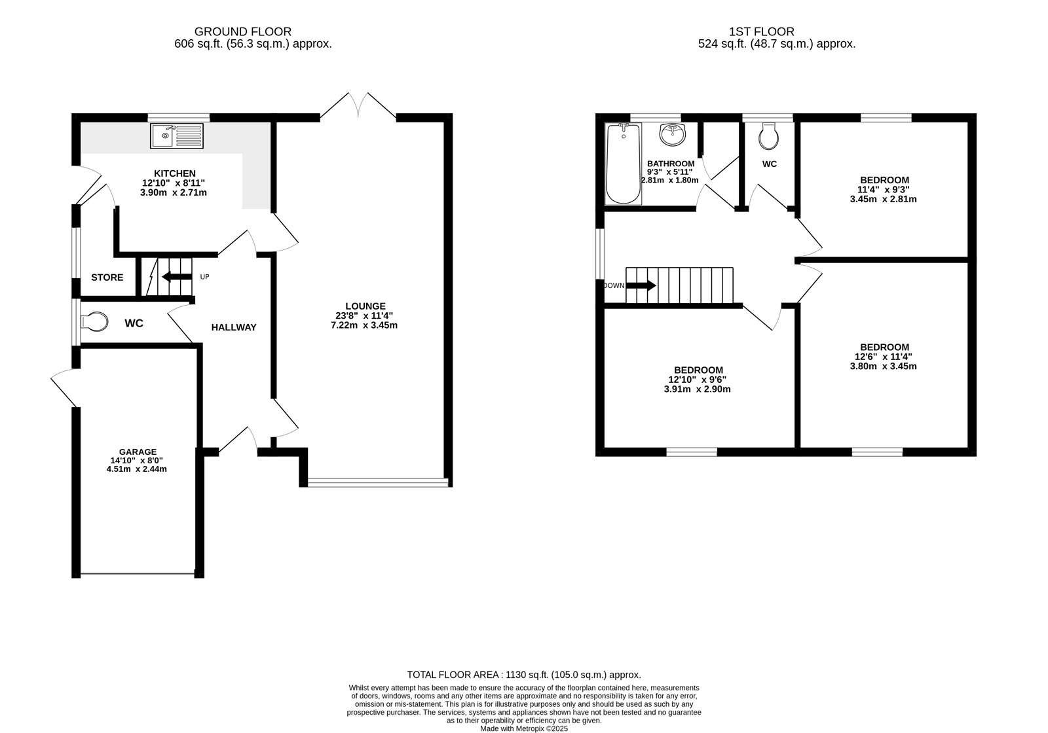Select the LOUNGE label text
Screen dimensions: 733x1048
pyautogui.click(x=365, y=306)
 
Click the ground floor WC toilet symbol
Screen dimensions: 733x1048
pyautogui.click(x=94, y=322)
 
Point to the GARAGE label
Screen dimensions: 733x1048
pyautogui.click(x=138, y=452)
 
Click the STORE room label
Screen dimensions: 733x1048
pyautogui.click(x=107, y=277)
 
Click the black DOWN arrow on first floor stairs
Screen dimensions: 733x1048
pyautogui.click(x=641, y=285)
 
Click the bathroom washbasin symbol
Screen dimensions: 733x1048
pyautogui.click(x=673, y=135)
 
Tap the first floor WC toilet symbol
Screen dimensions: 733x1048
pyautogui.click(x=768, y=136)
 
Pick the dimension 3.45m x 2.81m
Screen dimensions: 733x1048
pyautogui.click(x=884, y=199)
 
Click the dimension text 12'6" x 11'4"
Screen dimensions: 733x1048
pyautogui.click(x=884, y=357)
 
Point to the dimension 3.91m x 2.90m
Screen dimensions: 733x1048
pyautogui.click(x=696, y=389)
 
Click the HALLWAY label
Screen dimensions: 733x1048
pyautogui.click(x=234, y=327)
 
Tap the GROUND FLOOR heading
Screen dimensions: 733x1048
pyautogui.click(x=243, y=31)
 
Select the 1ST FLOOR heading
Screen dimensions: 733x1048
pyautogui.click(x=761, y=31)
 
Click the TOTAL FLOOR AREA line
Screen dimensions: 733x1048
pyautogui.click(x=523, y=675)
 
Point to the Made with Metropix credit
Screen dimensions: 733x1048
pyautogui.click(x=524, y=728)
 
